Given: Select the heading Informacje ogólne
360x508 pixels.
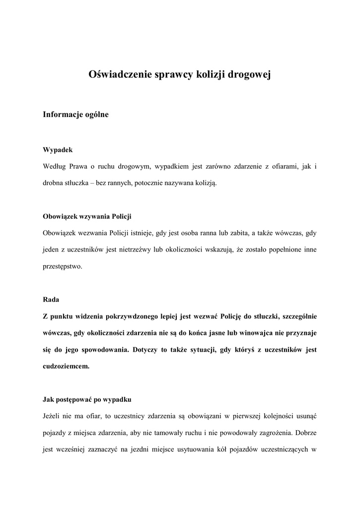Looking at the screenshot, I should click(x=75, y=115).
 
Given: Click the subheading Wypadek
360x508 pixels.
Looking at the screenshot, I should click(x=58, y=150).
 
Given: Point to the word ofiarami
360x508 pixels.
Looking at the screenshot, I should click(x=282, y=166).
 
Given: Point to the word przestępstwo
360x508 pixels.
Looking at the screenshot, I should click(x=63, y=266).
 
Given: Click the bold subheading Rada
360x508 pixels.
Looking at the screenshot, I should click(x=51, y=300).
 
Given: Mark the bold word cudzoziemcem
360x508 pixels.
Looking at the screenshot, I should click(x=66, y=367).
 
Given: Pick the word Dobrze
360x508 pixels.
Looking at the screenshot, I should click(x=304, y=433).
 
